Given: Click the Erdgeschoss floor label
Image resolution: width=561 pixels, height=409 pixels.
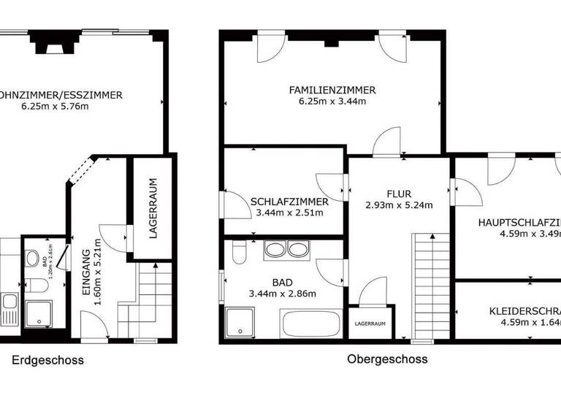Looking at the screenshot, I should point(47,360).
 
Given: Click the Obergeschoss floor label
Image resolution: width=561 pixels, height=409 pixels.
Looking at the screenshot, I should point(387,359).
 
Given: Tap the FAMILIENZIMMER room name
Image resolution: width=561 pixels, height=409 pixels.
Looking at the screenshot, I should point(332,90).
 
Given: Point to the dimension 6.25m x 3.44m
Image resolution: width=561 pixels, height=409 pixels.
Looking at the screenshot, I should point(332,102).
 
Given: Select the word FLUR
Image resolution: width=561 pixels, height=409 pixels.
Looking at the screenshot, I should point(399,194).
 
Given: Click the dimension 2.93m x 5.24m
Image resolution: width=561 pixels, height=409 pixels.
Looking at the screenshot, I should point(399,205).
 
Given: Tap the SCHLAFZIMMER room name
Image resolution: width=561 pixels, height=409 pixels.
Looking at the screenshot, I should point(289,202).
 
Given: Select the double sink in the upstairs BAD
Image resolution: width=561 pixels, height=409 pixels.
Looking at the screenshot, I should point(287,250).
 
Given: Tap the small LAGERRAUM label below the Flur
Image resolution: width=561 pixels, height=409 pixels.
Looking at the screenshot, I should point(370,323).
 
